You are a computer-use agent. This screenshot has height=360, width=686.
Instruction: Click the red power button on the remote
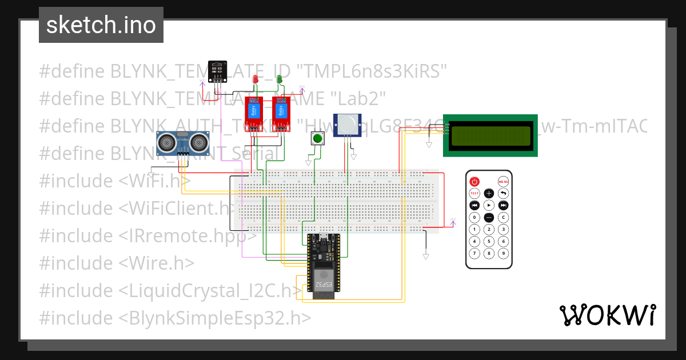pos(474,181)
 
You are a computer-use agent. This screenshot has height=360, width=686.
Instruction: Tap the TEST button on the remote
pos(474,193)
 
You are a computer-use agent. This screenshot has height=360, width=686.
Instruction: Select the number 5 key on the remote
pos(489,241)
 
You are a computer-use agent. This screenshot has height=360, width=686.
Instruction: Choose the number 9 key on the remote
pos(503,253)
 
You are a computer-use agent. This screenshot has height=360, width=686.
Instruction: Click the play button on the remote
pos(489,205)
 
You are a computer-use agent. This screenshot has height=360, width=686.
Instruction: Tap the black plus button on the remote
pos(489,193)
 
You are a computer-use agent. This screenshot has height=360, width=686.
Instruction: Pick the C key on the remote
pos(503,217)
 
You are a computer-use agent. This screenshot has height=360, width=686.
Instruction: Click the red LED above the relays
pos(256,79)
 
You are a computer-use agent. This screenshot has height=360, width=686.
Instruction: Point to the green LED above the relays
pos(280,79)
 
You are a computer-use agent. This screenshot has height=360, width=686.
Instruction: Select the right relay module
pos(280,114)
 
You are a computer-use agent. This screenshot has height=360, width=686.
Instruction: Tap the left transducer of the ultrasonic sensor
pos(166,140)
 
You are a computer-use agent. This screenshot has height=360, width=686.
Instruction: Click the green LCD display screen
pos(490,136)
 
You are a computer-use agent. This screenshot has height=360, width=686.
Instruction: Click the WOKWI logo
pos(607,315)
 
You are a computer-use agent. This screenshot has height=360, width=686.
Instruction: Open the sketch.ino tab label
pos(101,25)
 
